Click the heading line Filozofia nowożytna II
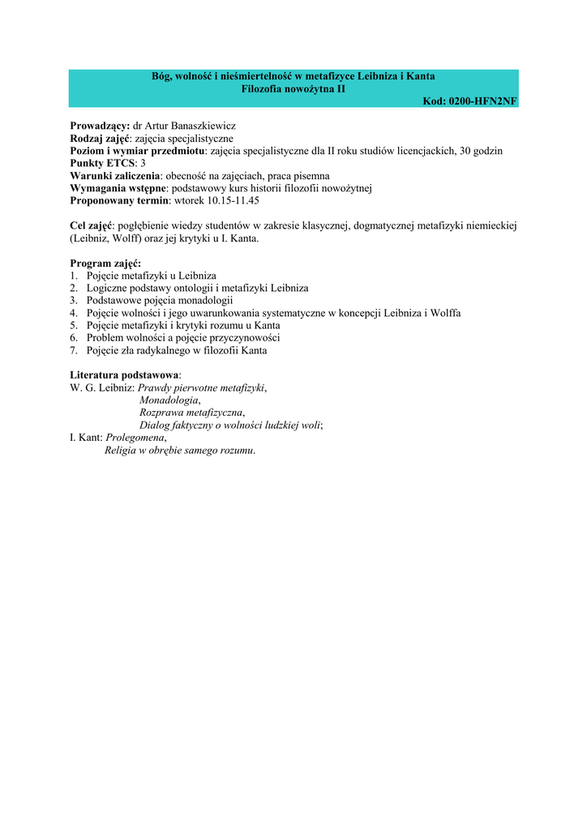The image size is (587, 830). (293, 88)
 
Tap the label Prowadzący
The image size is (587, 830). (99, 126)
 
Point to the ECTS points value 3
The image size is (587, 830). (143, 163)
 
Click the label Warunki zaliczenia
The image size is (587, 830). (114, 175)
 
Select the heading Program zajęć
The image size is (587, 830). (105, 263)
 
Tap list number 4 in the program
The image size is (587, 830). (74, 313)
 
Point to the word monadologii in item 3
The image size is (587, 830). (201, 300)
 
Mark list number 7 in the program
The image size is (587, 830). (74, 350)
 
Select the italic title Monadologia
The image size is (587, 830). (169, 400)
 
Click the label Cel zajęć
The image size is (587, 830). (92, 225)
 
